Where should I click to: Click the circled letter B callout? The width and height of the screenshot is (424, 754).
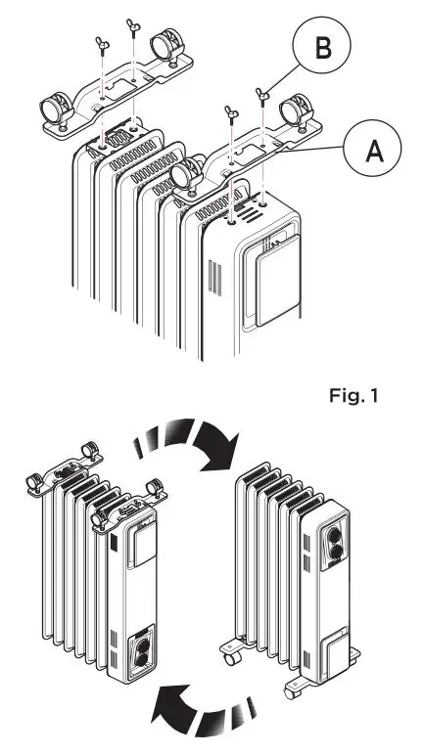coord(319,47)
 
